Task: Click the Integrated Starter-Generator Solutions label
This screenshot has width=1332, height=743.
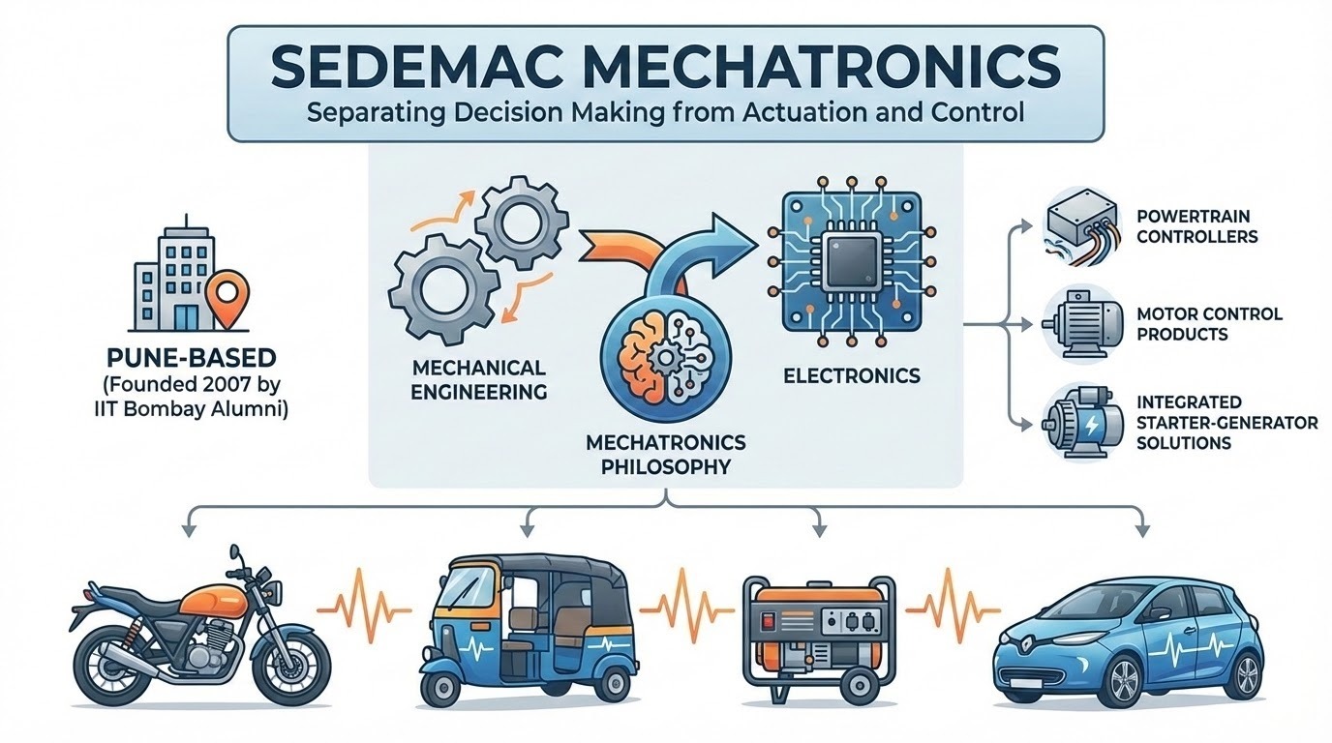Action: pos(1227,421)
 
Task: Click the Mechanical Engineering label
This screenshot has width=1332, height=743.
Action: pos(479,380)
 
